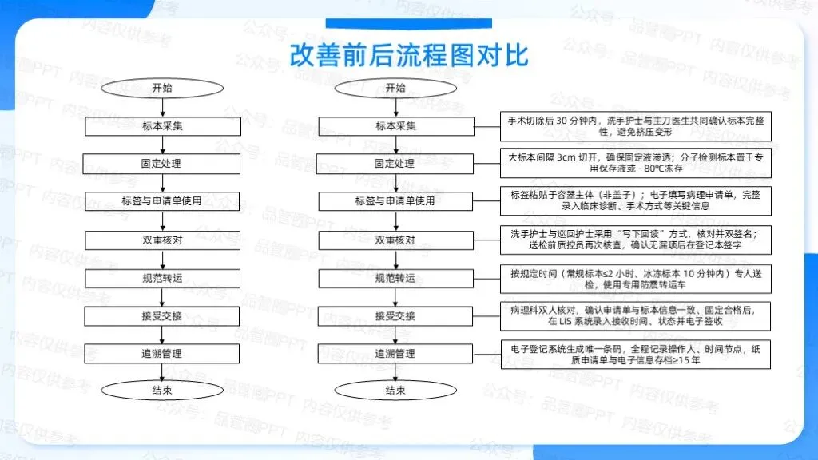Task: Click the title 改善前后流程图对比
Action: tap(408, 55)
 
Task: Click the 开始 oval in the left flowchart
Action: tap(162, 88)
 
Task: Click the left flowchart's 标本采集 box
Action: tap(162, 126)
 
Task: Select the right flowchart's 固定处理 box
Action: tap(395, 164)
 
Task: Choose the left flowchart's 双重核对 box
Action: tap(162, 240)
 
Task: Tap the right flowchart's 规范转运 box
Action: tap(395, 278)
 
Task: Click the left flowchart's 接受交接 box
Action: tap(162, 315)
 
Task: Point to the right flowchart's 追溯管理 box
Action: tap(395, 353)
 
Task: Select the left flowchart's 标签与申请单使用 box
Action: tap(162, 201)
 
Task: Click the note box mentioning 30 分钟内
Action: tap(636, 126)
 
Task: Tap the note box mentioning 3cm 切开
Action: tap(636, 164)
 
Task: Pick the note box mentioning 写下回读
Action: tap(636, 240)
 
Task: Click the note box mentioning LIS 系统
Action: tap(636, 315)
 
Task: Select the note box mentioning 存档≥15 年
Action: tap(636, 353)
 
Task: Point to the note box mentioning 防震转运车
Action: tap(636, 278)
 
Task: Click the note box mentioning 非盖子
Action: tap(636, 201)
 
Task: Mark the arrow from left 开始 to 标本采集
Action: tap(162, 107)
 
